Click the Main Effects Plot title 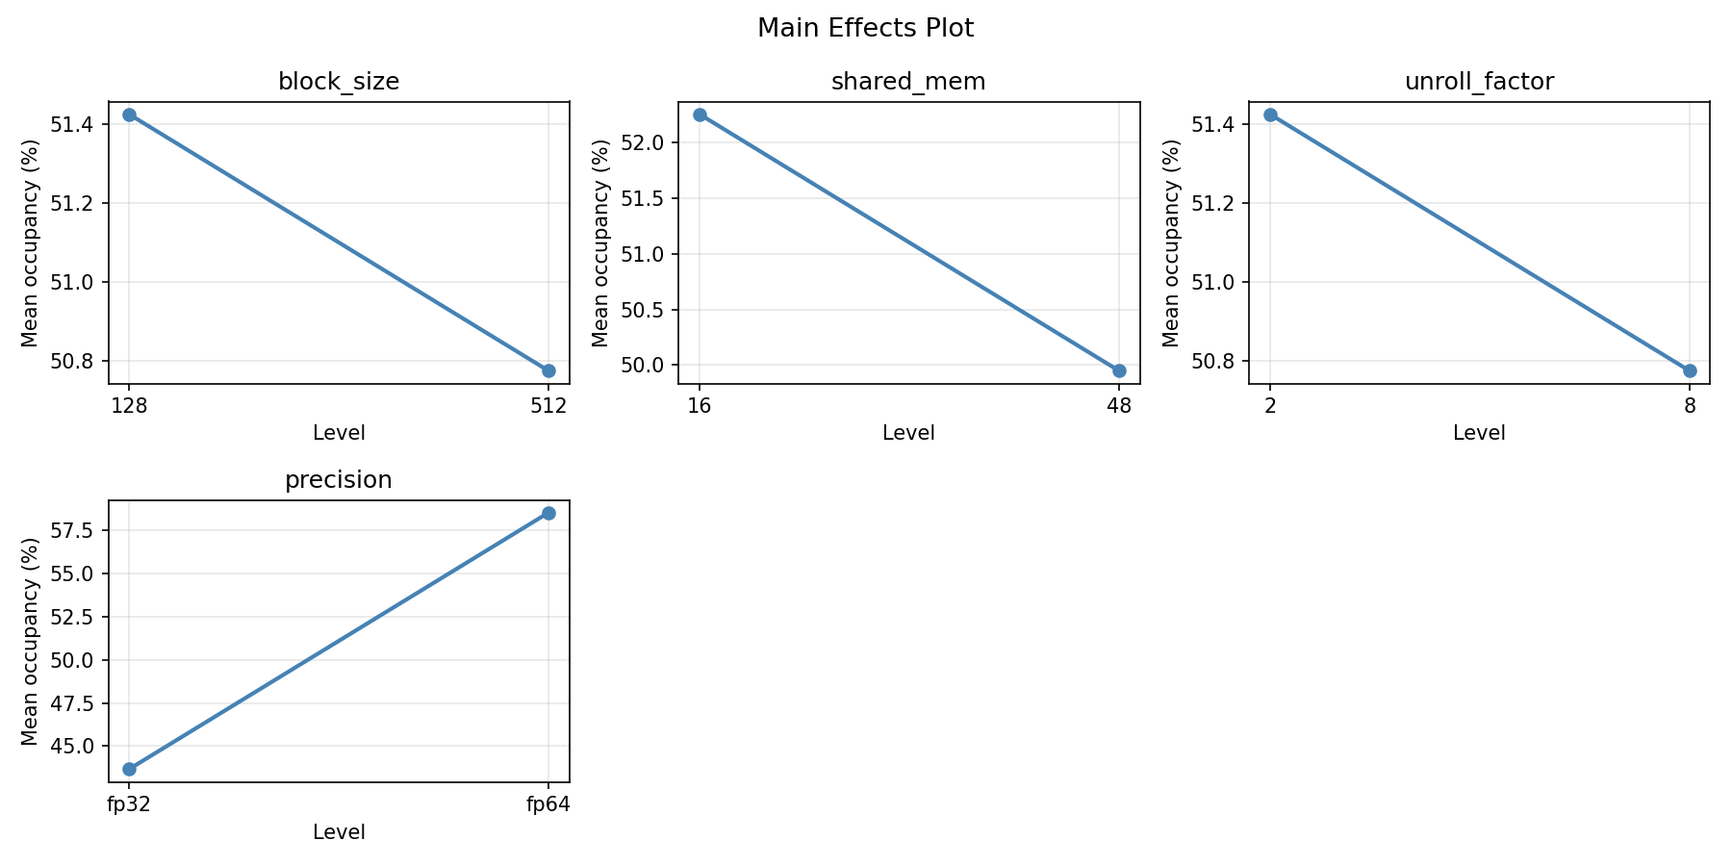point(865,29)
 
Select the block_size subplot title point(339,82)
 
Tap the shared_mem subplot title point(908,82)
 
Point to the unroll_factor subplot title point(1479,82)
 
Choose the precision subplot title point(339,480)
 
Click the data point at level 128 point(129,115)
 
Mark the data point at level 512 point(548,370)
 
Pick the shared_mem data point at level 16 point(700,115)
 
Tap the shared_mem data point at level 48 point(1119,370)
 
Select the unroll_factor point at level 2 point(1270,115)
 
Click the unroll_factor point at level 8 point(1690,370)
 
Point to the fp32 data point point(129,769)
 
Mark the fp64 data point point(548,513)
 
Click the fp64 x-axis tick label point(548,804)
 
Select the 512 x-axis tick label point(548,406)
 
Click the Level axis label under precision point(339,832)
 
